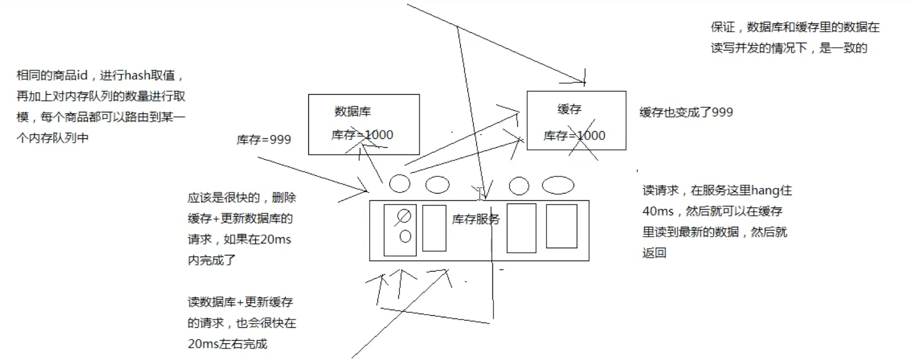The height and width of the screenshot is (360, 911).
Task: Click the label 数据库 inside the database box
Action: click(x=353, y=111)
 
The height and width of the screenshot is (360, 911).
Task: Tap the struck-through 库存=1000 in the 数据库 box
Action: click(x=362, y=135)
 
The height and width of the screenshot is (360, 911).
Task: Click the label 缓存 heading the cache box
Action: click(x=569, y=109)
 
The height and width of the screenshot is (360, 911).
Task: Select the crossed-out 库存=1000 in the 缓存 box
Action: click(x=574, y=136)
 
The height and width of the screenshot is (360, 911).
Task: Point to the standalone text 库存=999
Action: click(x=264, y=139)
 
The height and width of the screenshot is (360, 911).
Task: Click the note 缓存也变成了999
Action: click(x=686, y=112)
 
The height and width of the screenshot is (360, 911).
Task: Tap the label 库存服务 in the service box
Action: click(x=475, y=220)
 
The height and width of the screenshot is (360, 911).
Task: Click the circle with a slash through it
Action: click(x=404, y=215)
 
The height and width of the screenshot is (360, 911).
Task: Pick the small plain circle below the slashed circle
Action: click(x=405, y=237)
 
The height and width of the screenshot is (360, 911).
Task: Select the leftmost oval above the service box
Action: click(x=399, y=183)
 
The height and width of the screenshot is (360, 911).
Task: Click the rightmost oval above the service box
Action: click(x=558, y=185)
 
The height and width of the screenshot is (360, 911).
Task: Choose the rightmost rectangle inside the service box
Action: click(x=561, y=226)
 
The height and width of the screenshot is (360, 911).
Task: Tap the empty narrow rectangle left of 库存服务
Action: click(x=434, y=228)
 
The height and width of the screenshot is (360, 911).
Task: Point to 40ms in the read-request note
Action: click(x=658, y=211)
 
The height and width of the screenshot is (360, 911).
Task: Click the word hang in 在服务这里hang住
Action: click(x=764, y=190)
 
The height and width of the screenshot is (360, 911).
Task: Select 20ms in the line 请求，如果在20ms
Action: click(x=275, y=239)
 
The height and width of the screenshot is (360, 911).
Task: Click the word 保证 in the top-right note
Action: click(x=723, y=27)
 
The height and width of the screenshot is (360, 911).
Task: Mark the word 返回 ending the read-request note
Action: click(x=654, y=253)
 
